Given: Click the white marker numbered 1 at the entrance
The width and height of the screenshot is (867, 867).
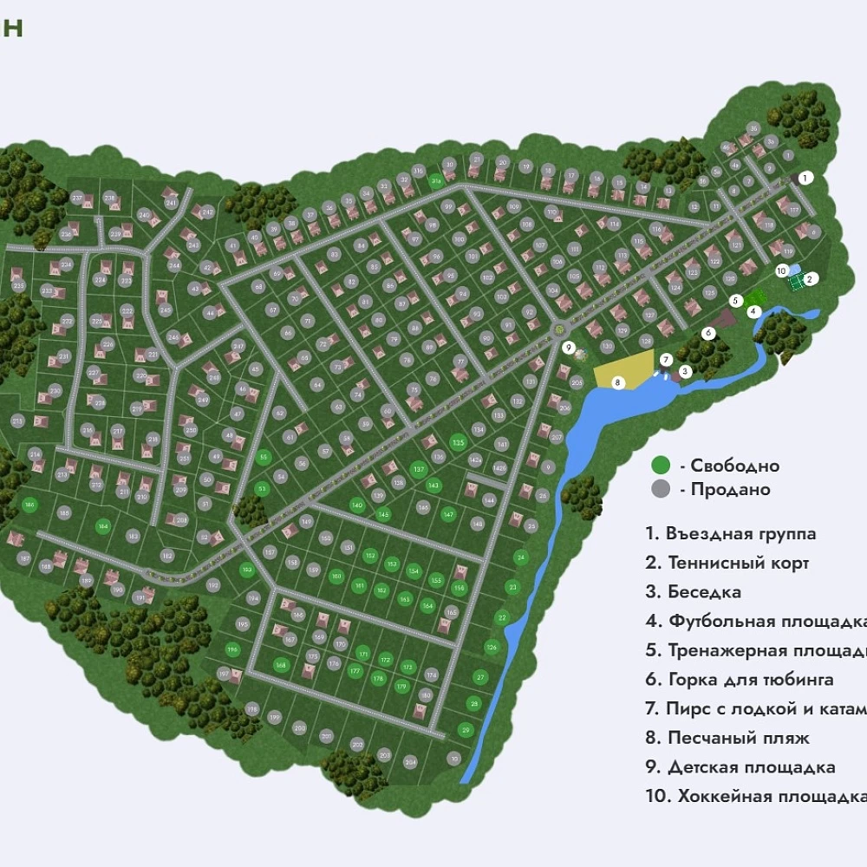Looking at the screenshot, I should point(805,178).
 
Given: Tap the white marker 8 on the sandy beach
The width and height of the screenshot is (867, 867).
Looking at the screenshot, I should point(618,381).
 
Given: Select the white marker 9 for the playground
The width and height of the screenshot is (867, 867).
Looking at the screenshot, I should point(569,348).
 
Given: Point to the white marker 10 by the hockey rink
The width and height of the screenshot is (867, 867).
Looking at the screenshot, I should point(781,270).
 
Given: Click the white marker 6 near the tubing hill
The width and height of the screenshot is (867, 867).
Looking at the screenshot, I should point(708,332).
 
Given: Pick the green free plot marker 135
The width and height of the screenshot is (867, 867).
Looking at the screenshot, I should point(459,443).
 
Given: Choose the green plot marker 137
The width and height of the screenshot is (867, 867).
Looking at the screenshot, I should point(419,469).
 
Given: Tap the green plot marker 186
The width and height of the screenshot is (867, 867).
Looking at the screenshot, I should point(29,505).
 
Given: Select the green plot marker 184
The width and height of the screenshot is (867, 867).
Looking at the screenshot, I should point(103,525).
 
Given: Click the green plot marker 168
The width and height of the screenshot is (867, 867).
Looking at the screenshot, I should point(280,665).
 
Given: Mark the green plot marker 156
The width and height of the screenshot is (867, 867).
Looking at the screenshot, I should point(459,589).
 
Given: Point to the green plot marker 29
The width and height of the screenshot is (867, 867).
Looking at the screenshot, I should point(466,729).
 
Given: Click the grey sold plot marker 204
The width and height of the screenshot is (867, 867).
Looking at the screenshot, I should point(410,762).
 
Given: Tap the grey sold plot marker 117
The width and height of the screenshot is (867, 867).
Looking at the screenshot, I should point(793,210).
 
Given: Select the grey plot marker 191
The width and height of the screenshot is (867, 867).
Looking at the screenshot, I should point(139,598).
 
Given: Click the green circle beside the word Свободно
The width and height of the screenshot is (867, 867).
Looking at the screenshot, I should point(662,466).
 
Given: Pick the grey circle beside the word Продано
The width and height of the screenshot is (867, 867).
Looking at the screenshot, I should point(662,490).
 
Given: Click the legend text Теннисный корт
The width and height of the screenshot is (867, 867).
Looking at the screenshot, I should point(738,564).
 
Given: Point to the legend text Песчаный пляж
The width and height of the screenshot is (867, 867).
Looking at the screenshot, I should point(738,739).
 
